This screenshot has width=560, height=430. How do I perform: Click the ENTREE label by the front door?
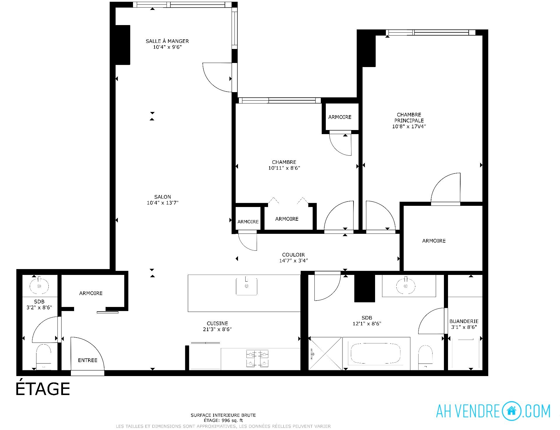[x=87, y=360]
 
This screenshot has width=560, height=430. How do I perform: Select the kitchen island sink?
[x=246, y=286]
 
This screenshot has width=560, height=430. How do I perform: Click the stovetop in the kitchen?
[x=257, y=359]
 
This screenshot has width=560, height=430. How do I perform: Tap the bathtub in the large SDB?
[x=376, y=354]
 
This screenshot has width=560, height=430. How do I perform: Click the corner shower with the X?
[x=325, y=354]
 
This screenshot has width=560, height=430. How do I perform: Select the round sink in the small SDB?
[x=39, y=286]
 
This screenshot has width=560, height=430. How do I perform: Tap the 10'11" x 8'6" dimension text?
[x=284, y=168]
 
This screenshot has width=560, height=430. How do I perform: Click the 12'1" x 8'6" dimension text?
[x=367, y=324]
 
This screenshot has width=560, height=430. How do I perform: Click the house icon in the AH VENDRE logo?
[x=511, y=411]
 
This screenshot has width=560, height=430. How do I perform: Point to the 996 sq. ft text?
[x=231, y=420]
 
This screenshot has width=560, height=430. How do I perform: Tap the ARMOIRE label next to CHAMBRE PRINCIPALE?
[x=434, y=241]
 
